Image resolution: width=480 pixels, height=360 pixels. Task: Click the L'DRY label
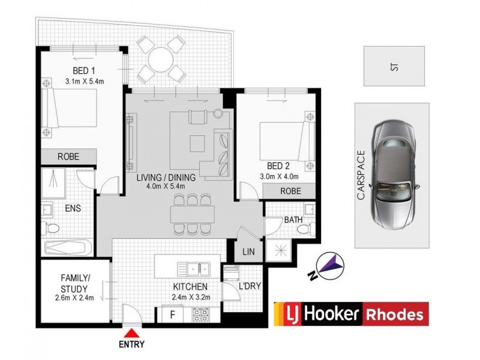coord(249,286)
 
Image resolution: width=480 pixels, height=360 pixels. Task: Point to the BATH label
coord(293,220)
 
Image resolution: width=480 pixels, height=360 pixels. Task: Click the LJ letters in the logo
coord(286,314)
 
